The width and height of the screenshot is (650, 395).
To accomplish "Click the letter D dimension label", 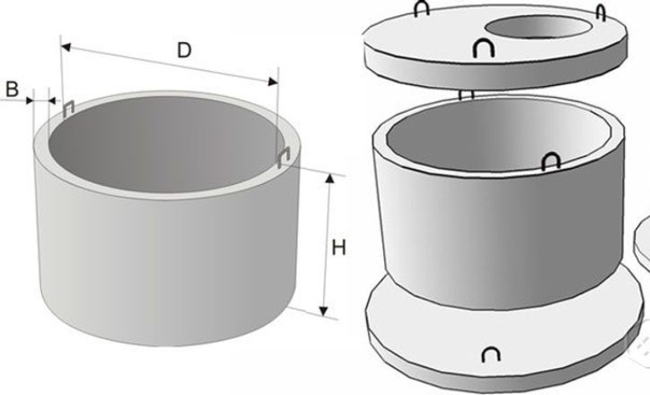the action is [x=184, y=51].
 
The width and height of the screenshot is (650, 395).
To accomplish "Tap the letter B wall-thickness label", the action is [x=12, y=89].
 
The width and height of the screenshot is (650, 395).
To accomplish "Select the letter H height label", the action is [x=339, y=248].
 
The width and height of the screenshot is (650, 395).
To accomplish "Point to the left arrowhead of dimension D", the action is [x=66, y=46].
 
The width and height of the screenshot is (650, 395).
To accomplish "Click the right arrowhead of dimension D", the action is [x=274, y=82].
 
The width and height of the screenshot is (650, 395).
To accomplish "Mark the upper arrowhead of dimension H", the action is [x=330, y=179].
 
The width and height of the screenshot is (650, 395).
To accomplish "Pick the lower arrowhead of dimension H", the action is [x=324, y=311].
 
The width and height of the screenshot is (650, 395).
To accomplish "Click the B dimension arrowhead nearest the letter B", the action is [x=29, y=100].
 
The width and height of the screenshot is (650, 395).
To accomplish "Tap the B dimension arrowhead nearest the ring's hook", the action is [x=52, y=100].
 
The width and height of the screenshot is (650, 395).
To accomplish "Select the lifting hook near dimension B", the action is [x=68, y=108].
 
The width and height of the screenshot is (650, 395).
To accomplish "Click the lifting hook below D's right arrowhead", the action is [x=283, y=159].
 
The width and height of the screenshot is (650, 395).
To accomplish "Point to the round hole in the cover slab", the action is [x=539, y=27].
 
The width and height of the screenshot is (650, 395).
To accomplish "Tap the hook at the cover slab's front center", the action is [x=484, y=47].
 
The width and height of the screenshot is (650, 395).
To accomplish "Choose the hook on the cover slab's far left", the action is [x=421, y=8].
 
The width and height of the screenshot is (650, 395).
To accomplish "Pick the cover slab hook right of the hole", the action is [x=601, y=13].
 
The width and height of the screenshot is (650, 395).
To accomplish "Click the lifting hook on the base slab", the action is [x=490, y=354].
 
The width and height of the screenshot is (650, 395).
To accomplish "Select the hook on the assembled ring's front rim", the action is [x=551, y=161].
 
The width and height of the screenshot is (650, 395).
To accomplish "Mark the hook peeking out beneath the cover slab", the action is [x=466, y=95].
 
